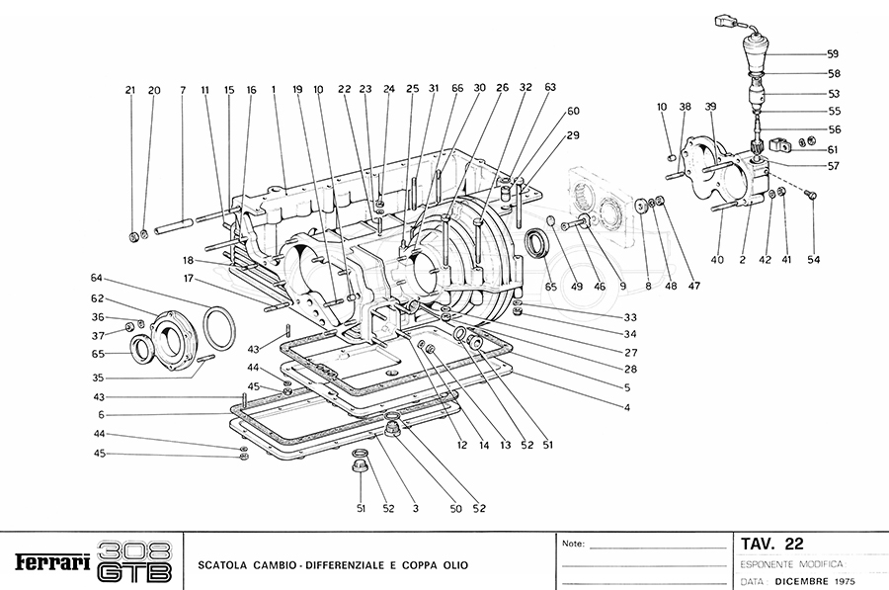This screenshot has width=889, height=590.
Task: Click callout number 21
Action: click(129, 91)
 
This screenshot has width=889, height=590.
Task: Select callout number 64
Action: click(97, 278)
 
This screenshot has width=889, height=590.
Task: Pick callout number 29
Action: click(573, 134)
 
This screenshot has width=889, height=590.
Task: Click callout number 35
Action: click(97, 377)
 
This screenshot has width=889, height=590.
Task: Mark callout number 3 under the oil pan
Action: click(416, 509)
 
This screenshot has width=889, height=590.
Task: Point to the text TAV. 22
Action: click(771, 544)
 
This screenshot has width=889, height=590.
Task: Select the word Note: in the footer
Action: click(573, 544)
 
